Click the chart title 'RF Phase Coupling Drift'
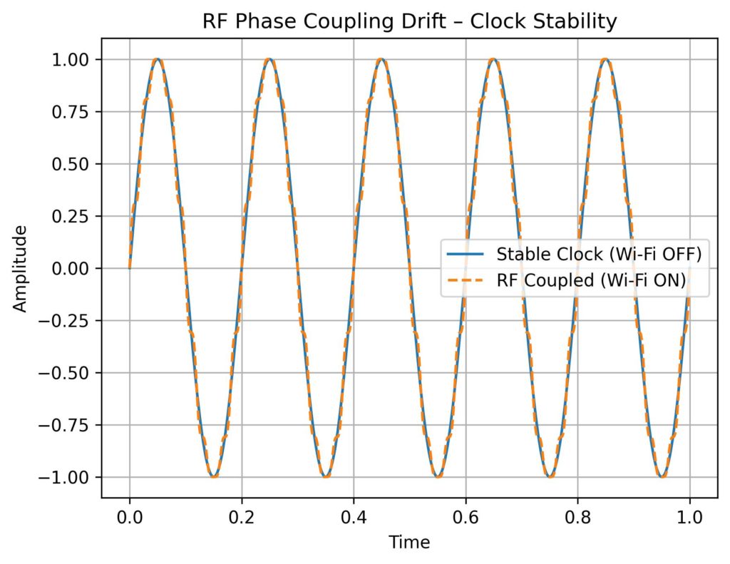(409, 21)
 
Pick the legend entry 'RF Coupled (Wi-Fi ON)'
(590, 282)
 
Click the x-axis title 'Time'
(409, 543)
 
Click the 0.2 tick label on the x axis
(242, 516)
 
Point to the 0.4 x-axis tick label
(354, 516)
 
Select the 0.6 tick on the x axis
(466, 516)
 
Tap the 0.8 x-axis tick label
(577, 516)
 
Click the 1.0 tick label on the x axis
(689, 516)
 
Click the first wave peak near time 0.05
(158, 59)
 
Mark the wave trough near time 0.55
(438, 477)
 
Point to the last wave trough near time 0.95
(662, 477)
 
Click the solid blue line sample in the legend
(466, 254)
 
